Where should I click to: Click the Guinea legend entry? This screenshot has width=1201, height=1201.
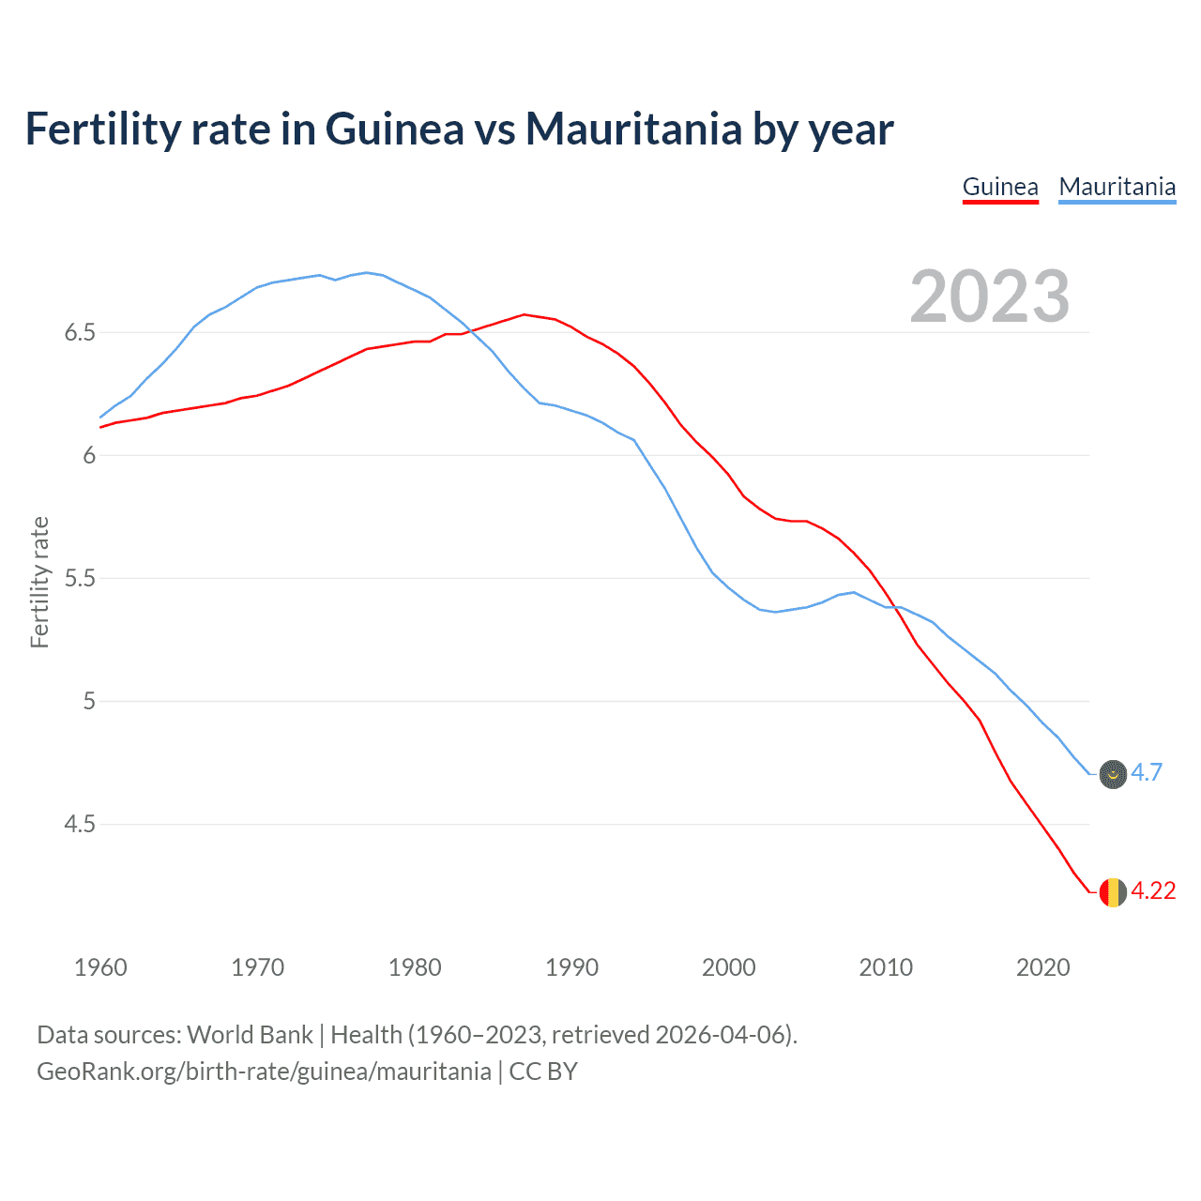click(x=1000, y=187)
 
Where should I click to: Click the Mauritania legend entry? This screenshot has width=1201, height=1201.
click(x=1117, y=187)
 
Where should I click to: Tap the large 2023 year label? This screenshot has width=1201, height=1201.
click(x=989, y=296)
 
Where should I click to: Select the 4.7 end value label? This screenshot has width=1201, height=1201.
click(x=1146, y=772)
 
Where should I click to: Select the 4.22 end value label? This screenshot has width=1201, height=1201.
click(x=1152, y=890)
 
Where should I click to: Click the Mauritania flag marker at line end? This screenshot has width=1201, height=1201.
click(x=1113, y=774)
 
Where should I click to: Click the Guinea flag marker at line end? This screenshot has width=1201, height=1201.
click(x=1113, y=891)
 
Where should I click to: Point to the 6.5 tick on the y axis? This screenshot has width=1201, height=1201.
click(x=80, y=333)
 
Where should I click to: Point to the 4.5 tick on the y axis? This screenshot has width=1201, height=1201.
click(x=80, y=825)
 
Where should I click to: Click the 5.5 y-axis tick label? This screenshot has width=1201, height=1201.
click(x=80, y=579)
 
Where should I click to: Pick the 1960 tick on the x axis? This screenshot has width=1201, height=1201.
click(x=100, y=967)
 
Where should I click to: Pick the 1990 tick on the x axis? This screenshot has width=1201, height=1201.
click(x=571, y=967)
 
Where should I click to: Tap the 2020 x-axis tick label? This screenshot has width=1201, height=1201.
click(x=1042, y=967)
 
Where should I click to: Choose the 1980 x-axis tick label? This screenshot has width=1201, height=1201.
click(x=415, y=967)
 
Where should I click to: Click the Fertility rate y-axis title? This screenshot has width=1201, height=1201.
click(x=39, y=582)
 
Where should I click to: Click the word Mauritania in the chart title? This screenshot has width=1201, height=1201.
click(x=633, y=129)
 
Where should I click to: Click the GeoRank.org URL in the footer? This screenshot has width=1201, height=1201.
click(x=264, y=1072)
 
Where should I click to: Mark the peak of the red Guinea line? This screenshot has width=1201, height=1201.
click(x=524, y=314)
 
